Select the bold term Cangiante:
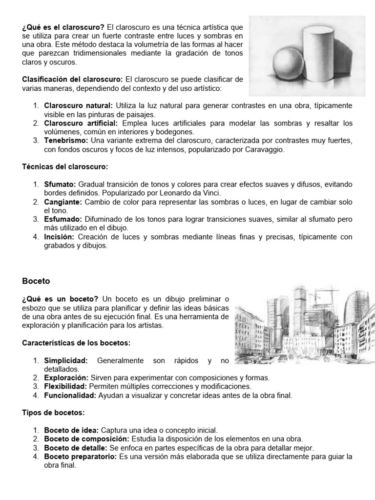point(63,202)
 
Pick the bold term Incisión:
point(59,237)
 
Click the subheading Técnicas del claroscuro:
point(65,167)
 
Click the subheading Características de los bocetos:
point(76,343)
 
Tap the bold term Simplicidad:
point(66,360)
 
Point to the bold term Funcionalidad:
point(70,396)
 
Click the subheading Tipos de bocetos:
point(53,413)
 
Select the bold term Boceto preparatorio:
point(81,457)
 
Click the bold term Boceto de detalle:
point(75,448)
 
